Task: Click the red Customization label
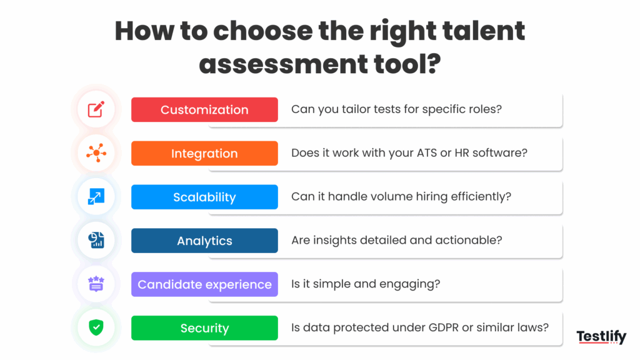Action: pyautogui.click(x=204, y=110)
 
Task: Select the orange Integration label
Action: pyautogui.click(x=204, y=154)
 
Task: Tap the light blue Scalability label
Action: pyautogui.click(x=204, y=197)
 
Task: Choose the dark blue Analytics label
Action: pyautogui.click(x=204, y=241)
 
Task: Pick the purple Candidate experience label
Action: pyautogui.click(x=204, y=285)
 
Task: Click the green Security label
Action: pyautogui.click(x=204, y=329)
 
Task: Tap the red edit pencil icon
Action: pyautogui.click(x=96, y=110)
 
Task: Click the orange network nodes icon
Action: pyautogui.click(x=96, y=153)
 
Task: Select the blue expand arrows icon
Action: pyautogui.click(x=96, y=197)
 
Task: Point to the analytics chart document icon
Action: pyautogui.click(x=96, y=241)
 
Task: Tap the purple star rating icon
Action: pyautogui.click(x=96, y=284)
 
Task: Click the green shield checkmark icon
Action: pyautogui.click(x=96, y=327)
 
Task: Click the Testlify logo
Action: pyautogui.click(x=601, y=337)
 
